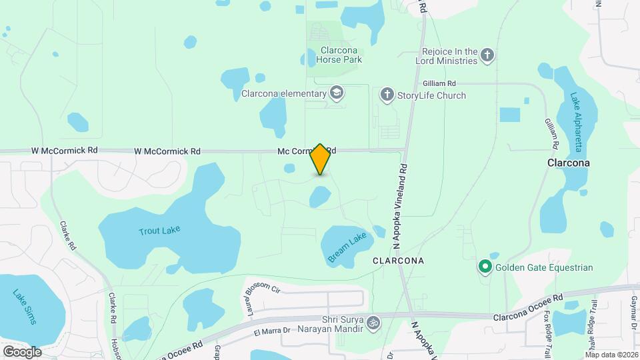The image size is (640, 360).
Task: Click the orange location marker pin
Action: [x=321, y=159]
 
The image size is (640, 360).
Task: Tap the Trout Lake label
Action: [x=159, y=231]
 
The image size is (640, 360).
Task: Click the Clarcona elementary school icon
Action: [x=337, y=93]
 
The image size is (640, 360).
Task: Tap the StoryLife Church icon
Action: [x=387, y=95]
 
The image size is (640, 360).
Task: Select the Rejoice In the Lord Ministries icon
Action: [x=487, y=56]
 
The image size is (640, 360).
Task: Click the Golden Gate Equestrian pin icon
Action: [x=485, y=267]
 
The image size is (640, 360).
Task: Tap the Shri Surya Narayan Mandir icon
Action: [x=373, y=323]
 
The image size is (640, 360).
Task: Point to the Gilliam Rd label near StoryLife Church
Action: [x=439, y=83]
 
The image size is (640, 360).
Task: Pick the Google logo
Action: [x=21, y=351]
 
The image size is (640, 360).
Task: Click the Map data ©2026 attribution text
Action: [x=612, y=354]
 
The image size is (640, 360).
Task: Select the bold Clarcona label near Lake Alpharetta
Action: [x=570, y=163]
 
